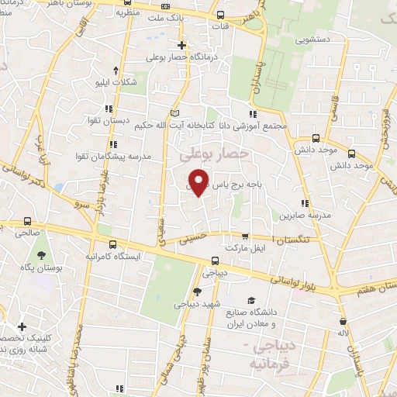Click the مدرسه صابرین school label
click(x=309, y=214)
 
